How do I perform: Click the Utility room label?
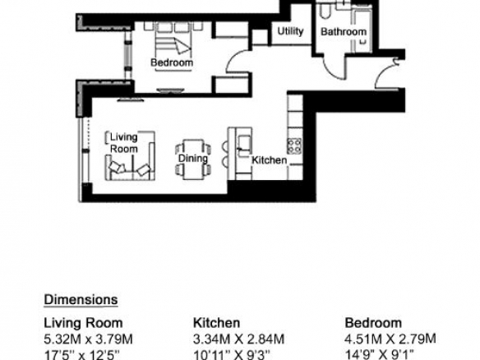pos(290,31)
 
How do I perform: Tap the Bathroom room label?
pos(344,31)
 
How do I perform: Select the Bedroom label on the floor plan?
pos(172,62)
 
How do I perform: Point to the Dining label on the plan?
pos(193,159)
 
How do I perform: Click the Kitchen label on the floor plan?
pos(269,160)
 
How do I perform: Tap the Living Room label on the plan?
pos(123,143)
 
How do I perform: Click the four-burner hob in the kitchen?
pos(294,145)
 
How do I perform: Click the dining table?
pos(193,159)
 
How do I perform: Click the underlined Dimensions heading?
pos(81,300)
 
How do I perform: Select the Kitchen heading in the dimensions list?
pos(216,323)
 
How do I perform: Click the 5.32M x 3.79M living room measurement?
pos(89,339)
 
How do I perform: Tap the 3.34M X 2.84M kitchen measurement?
pos(239,339)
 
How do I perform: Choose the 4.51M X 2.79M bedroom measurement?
pos(390,339)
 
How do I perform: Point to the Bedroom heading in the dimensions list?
pos(373,323)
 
